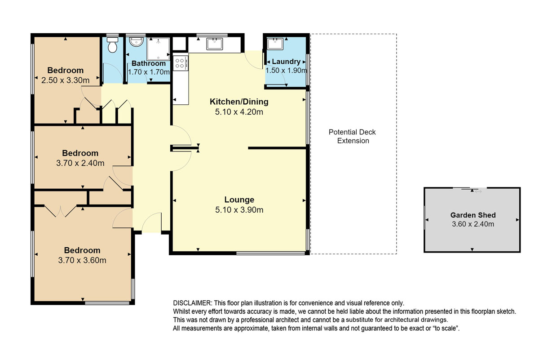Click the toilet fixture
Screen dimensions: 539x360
point(112,45)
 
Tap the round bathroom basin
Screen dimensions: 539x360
point(136,41)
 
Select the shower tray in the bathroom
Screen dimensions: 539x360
point(158,49)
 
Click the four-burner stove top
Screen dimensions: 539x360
point(181,63)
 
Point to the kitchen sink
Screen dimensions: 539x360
point(214,44)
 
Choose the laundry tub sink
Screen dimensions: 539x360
point(275,44)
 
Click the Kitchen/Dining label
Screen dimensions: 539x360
point(239,102)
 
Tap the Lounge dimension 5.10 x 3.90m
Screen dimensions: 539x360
point(239,210)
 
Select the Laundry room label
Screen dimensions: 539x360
point(286,62)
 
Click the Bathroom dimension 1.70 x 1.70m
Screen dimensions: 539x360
point(149,72)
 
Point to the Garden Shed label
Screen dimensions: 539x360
point(473,215)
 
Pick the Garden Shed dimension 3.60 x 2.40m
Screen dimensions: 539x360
point(473,224)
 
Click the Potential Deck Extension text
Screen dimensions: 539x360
point(353,136)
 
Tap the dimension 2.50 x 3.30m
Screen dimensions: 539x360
point(66,80)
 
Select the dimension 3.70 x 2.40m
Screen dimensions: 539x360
point(80,163)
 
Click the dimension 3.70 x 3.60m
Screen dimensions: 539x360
point(82,260)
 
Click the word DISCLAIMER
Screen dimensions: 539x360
point(192,303)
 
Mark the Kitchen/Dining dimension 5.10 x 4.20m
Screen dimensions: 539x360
point(239,112)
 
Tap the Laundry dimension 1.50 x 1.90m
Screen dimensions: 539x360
point(287,71)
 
